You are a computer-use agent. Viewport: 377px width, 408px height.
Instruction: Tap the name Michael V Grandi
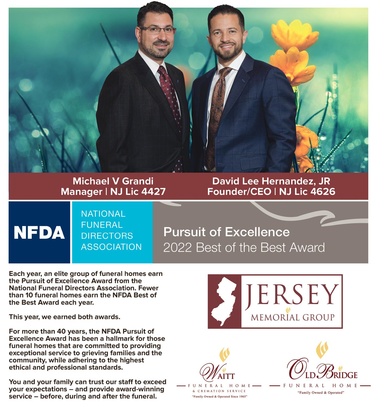pyautogui.click(x=113, y=181)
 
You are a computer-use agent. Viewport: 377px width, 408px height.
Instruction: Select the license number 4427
pyautogui.click(x=152, y=192)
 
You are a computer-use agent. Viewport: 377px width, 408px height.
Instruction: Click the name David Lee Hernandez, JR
pyautogui.click(x=271, y=181)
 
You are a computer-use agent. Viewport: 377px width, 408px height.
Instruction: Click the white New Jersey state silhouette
pyautogui.click(x=224, y=301)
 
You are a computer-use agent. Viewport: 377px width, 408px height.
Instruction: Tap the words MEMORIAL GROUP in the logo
pyautogui.click(x=292, y=317)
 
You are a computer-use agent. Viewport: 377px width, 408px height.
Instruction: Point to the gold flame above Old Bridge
pyautogui.click(x=321, y=350)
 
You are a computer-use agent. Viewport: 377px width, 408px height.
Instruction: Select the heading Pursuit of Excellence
pyautogui.click(x=226, y=232)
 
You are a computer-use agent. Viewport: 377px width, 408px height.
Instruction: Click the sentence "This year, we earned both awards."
pyautogui.click(x=64, y=317)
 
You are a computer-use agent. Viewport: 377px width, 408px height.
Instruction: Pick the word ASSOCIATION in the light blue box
pyautogui.click(x=111, y=247)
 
